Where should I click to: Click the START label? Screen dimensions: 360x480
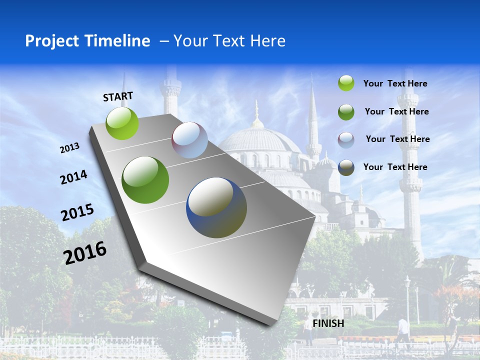tap(118, 96)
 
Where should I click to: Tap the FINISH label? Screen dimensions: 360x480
tap(328, 323)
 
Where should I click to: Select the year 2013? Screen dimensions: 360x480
tap(70, 148)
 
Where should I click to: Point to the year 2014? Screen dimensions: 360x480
tap(74, 177)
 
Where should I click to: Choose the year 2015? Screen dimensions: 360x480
tap(77, 212)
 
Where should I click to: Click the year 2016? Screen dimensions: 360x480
tap(85, 253)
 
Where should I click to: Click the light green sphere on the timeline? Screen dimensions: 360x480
tap(122, 123)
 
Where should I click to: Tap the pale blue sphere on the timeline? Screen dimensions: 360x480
tap(189, 140)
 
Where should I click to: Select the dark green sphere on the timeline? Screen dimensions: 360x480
tap(145, 180)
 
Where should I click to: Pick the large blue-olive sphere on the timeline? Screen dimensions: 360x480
tap(216, 207)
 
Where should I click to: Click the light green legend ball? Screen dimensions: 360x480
tap(346, 83)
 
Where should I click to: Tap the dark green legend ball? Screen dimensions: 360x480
tap(346, 112)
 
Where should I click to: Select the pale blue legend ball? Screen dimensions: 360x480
tap(346, 140)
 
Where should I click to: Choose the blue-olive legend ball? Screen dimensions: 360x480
tap(346, 167)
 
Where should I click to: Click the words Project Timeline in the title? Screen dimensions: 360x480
tap(87, 41)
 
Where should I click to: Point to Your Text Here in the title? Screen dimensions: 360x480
tap(229, 41)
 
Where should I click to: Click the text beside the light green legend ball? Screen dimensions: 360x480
tap(395, 84)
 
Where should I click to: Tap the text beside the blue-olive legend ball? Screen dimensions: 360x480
tap(395, 167)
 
